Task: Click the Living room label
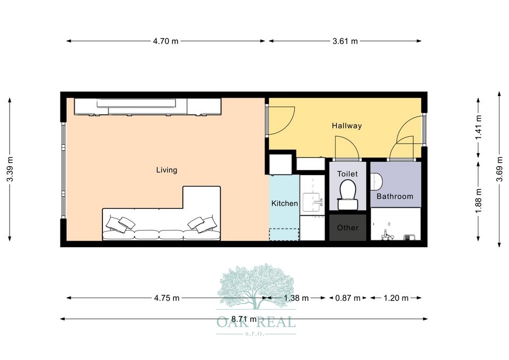(166, 170)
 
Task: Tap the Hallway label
(347, 126)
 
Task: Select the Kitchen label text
(284, 204)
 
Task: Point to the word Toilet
(347, 174)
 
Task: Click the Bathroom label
(394, 196)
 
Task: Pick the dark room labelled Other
(348, 227)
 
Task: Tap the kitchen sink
(312, 203)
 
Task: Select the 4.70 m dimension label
(166, 41)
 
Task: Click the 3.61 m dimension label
(345, 41)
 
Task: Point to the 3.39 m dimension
(10, 170)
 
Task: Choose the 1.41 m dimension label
(478, 128)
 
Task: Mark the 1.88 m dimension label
(478, 201)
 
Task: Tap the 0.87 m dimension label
(348, 298)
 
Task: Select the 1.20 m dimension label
(396, 298)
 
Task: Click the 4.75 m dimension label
(167, 298)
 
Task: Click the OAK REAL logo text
(256, 322)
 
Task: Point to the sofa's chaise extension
(201, 198)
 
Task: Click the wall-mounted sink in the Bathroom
(376, 181)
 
